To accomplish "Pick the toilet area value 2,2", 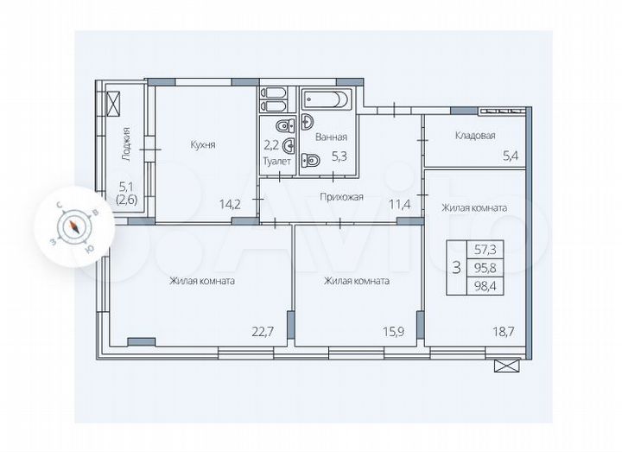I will coord(270,145).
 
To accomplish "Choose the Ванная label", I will coord(331,137).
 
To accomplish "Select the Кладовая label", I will coord(474,136).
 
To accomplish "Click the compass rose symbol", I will coord(75,227).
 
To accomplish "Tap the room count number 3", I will coord(454,267).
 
